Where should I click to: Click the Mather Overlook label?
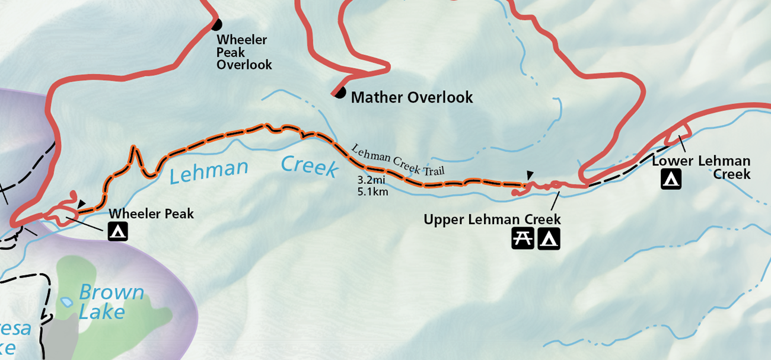pyautogui.click(x=412, y=97)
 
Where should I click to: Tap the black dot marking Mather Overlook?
pyautogui.click(x=339, y=93)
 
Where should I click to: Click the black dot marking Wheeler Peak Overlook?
pyautogui.click(x=216, y=24)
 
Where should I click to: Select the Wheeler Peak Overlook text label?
pyautogui.click(x=243, y=52)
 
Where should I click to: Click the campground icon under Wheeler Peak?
pyautogui.click(x=118, y=231)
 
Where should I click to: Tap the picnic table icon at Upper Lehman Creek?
pyautogui.click(x=523, y=239)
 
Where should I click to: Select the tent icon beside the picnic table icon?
pyautogui.click(x=549, y=239)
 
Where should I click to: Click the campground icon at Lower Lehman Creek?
pyautogui.click(x=671, y=179)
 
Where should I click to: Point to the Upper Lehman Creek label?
pyautogui.click(x=492, y=220)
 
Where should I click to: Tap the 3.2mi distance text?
pyautogui.click(x=372, y=179)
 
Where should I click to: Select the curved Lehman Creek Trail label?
pyautogui.click(x=397, y=161)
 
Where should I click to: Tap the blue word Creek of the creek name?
pyautogui.click(x=308, y=166)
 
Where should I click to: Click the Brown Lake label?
pyautogui.click(x=110, y=302)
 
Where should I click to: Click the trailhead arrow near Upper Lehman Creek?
pyautogui.click(x=530, y=174)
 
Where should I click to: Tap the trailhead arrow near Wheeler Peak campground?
pyautogui.click(x=81, y=204)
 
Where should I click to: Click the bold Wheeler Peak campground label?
pyautogui.click(x=151, y=214)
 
